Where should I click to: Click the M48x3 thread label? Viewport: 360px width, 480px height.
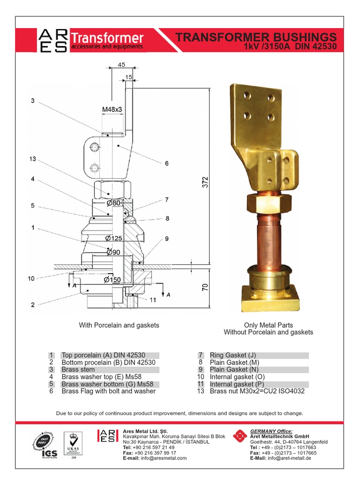pos(112,109)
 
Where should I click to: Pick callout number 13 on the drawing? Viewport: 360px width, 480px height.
pos(32,159)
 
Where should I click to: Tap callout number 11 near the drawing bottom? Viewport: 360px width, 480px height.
pos(152,300)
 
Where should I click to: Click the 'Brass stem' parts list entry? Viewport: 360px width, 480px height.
pos(78,369)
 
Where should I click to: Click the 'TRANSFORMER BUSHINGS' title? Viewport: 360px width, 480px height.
pos(255,37)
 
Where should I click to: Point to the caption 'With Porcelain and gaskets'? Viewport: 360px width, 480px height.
pos(119,325)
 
